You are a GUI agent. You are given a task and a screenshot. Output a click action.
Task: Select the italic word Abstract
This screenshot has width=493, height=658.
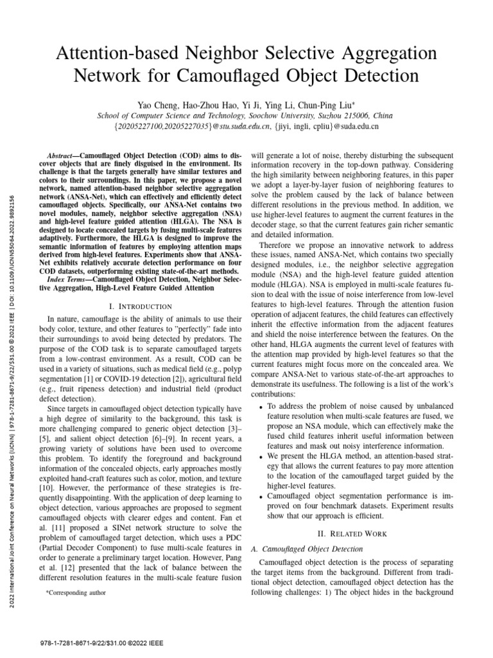[x=63, y=156]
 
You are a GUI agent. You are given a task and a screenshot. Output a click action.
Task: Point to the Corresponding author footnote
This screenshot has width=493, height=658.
[x=76, y=593]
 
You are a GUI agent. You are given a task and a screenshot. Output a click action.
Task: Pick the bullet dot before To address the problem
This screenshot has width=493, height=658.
[x=260, y=407]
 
